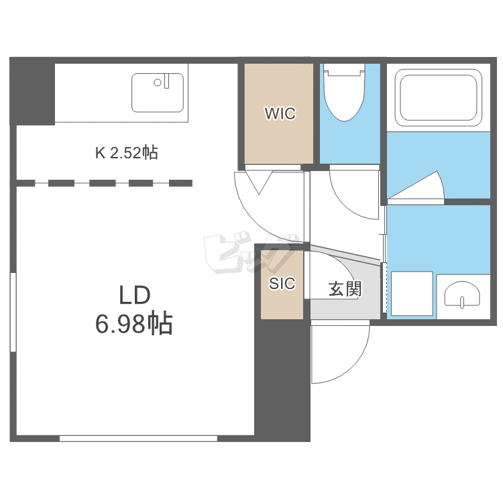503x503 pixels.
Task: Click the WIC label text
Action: [280, 113]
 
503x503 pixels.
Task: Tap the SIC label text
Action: [282, 284]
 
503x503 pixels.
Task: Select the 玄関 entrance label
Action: [345, 289]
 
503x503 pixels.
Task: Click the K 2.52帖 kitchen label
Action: [126, 153]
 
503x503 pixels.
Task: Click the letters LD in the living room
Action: [135, 295]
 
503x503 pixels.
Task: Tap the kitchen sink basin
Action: [158, 93]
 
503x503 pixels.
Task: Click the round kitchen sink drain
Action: [158, 82]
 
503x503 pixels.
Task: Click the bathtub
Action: [439, 98]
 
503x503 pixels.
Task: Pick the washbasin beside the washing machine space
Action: [462, 295]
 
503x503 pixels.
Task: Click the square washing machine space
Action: [412, 294]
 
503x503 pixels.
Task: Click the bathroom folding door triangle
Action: [416, 185]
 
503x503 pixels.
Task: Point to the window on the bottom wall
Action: [138, 438]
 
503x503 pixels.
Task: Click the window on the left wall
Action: [13, 312]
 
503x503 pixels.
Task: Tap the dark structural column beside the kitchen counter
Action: [32, 91]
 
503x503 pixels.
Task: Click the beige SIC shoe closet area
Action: [282, 284]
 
